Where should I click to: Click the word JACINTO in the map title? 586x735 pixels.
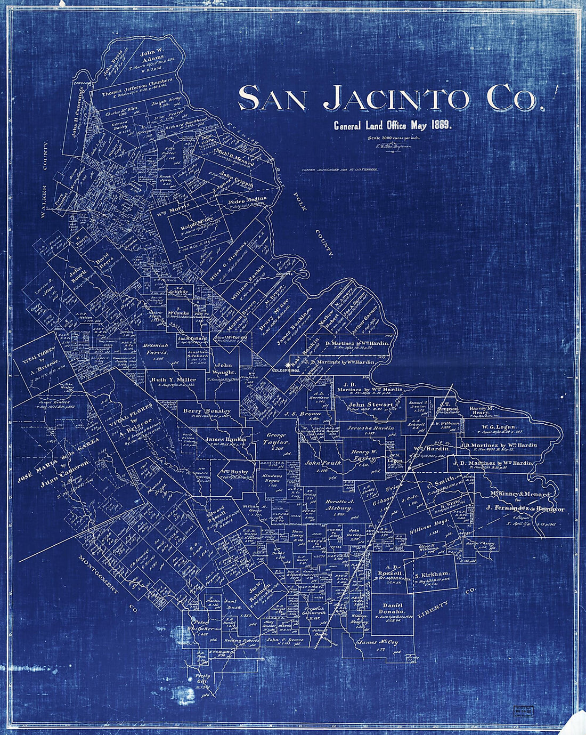[x=397, y=98]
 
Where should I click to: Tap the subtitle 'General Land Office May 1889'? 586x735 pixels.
[x=393, y=126]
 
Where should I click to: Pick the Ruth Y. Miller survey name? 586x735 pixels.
[x=173, y=379]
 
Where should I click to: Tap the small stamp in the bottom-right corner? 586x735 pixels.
[x=524, y=712]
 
